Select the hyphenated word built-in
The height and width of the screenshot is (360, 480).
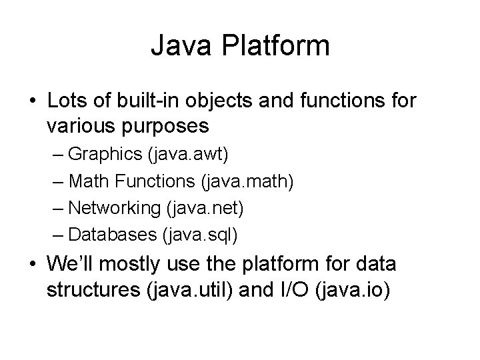[149, 101]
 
